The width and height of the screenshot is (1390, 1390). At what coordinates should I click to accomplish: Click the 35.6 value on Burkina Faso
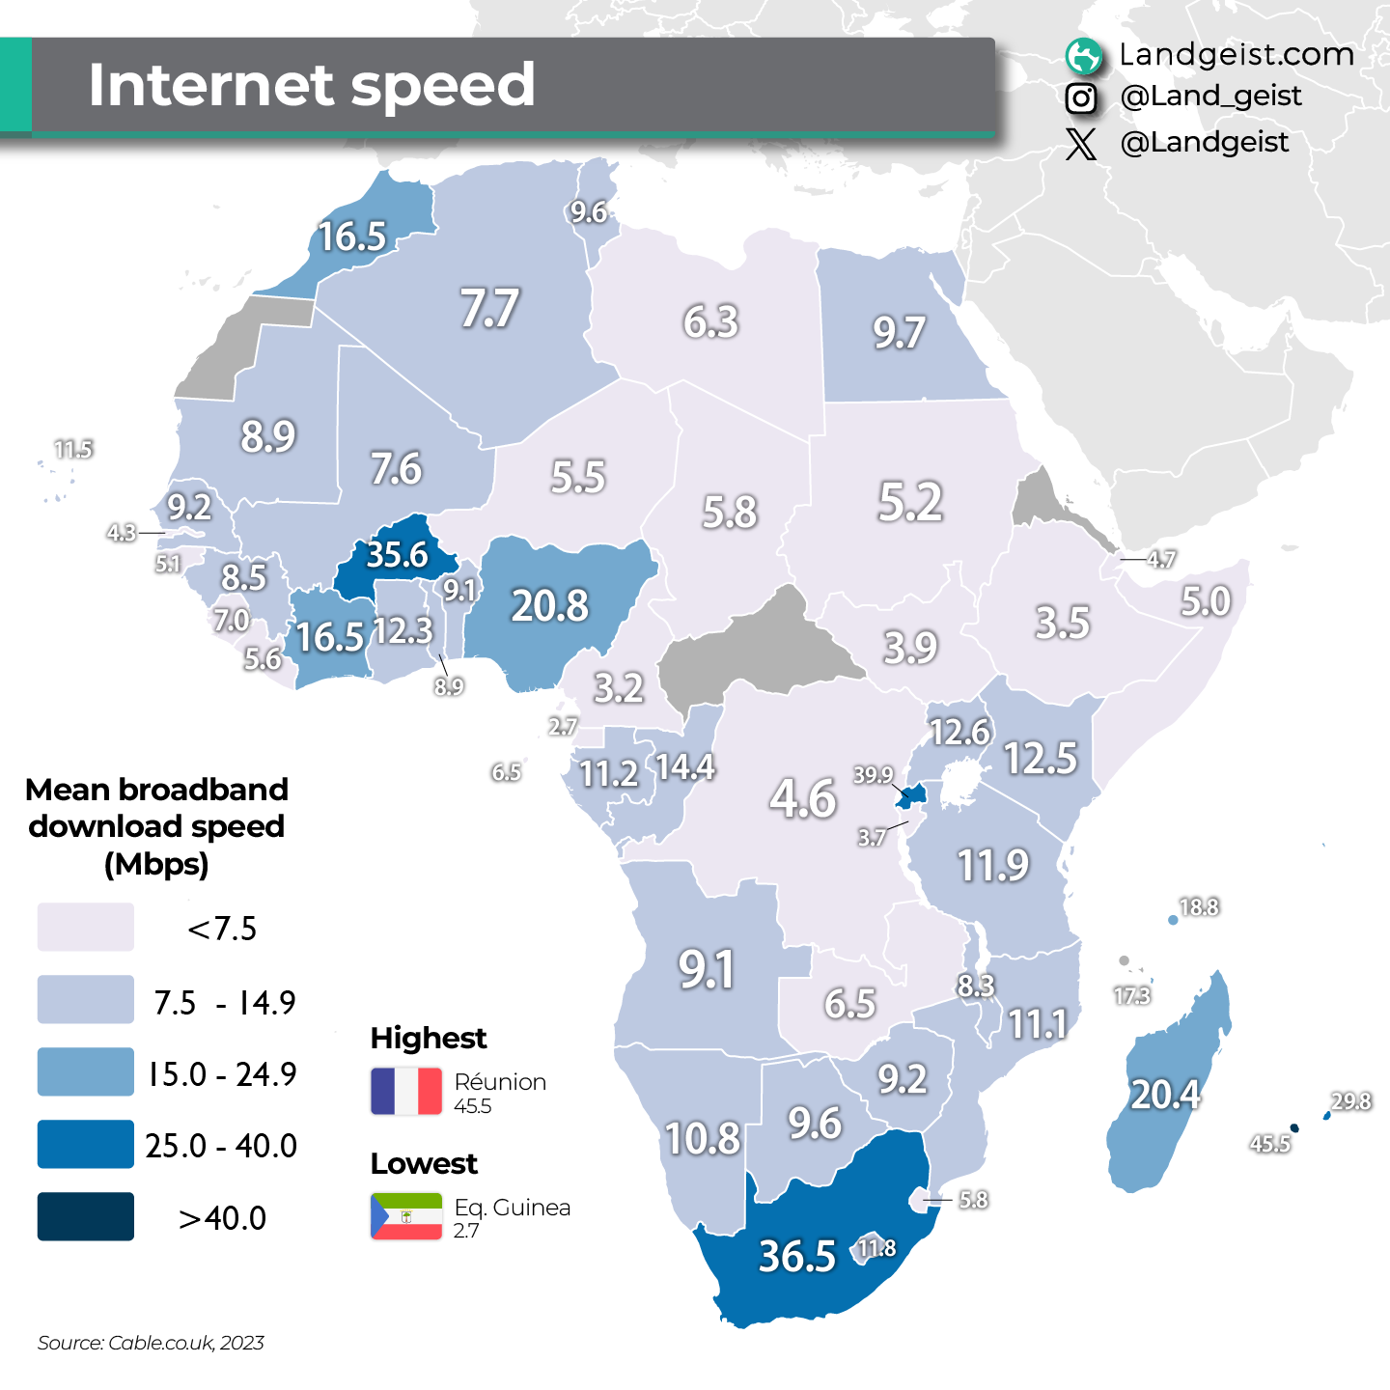pyautogui.click(x=397, y=555)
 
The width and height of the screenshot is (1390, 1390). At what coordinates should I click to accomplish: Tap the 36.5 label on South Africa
pyautogui.click(x=796, y=1256)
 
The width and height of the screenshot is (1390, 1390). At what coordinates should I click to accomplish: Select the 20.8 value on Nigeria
pyautogui.click(x=549, y=606)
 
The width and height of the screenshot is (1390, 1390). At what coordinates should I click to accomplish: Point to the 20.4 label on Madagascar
pyautogui.click(x=1165, y=1095)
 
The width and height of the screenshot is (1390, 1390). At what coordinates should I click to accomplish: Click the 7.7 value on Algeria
pyautogui.click(x=489, y=309)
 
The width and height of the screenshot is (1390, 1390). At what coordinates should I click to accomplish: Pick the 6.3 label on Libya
pyautogui.click(x=710, y=321)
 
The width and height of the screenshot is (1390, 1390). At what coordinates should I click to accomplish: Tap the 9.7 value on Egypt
pyautogui.click(x=899, y=333)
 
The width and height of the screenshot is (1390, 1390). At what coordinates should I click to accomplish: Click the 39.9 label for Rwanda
pyautogui.click(x=873, y=775)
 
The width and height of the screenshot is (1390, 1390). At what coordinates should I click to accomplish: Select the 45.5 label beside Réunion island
pyautogui.click(x=1269, y=1144)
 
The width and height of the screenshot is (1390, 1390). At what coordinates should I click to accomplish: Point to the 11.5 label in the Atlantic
pyautogui.click(x=73, y=450)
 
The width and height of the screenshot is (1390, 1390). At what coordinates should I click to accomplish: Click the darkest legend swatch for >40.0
pyautogui.click(x=85, y=1216)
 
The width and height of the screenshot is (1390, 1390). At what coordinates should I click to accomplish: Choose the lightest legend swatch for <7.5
pyautogui.click(x=85, y=928)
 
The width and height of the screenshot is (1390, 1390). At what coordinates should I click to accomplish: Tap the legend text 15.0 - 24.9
pyautogui.click(x=222, y=1073)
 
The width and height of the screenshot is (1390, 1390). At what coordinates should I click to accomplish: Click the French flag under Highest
pyautogui.click(x=406, y=1091)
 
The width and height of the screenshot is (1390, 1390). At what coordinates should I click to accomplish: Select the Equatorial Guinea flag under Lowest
pyautogui.click(x=406, y=1216)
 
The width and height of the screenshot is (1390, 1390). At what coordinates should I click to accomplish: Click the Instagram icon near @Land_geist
pyautogui.click(x=1081, y=97)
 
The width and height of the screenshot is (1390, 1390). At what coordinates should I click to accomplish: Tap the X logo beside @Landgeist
pyautogui.click(x=1081, y=144)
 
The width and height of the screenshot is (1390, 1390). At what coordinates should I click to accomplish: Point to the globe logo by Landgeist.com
pyautogui.click(x=1083, y=56)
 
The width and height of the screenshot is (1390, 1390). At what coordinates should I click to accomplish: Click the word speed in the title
pyautogui.click(x=443, y=85)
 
